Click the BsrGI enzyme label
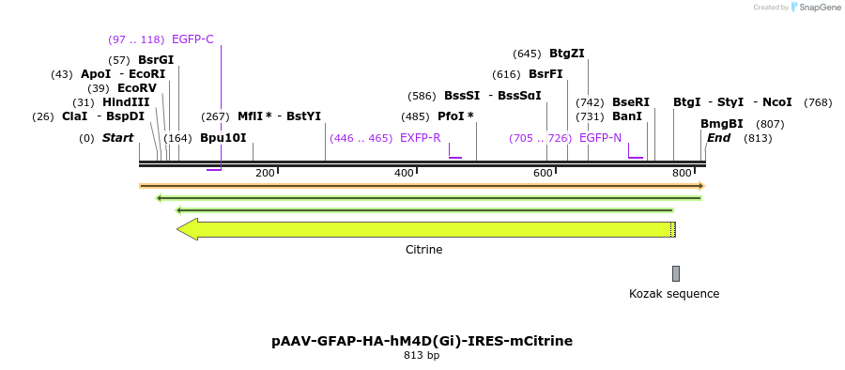click(x=156, y=59)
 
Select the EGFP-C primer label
click(x=192, y=39)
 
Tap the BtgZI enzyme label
click(x=566, y=54)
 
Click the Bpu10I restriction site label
click(x=223, y=137)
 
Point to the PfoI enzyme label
click(x=455, y=116)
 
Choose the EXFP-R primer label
click(x=420, y=137)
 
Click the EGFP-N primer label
click(x=600, y=137)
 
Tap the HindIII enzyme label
click(x=126, y=101)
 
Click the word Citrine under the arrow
click(x=423, y=250)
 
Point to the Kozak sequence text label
click(x=674, y=293)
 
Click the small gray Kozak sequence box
click(x=675, y=273)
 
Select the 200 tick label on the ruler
click(x=265, y=173)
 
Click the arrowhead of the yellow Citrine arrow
click(x=187, y=229)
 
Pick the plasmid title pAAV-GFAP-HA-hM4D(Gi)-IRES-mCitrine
click(x=422, y=340)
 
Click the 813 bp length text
click(x=422, y=355)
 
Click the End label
click(x=718, y=137)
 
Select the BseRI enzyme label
click(x=630, y=101)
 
